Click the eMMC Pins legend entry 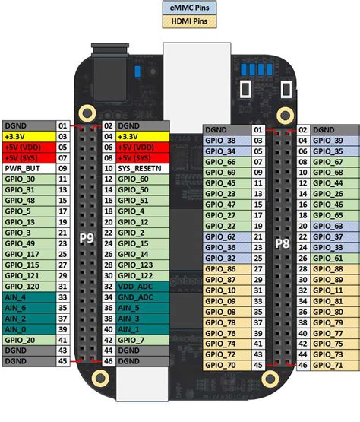[189, 8]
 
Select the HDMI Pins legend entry [189, 21]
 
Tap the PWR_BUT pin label [22, 169]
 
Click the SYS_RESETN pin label [140, 169]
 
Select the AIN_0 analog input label [15, 329]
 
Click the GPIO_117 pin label [22, 254]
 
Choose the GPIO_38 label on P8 [220, 141]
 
